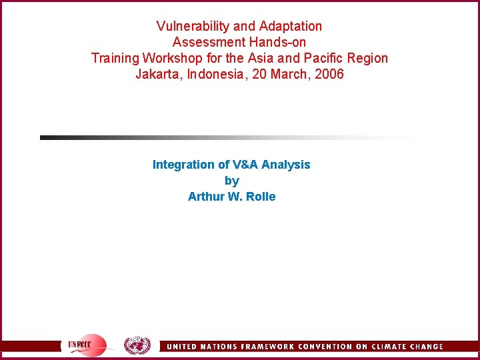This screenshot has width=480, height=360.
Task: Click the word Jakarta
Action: (158, 74)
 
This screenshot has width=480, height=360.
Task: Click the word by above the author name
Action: (231, 181)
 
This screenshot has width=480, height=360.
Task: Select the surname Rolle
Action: (260, 197)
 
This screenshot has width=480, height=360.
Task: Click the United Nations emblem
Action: (137, 345)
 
